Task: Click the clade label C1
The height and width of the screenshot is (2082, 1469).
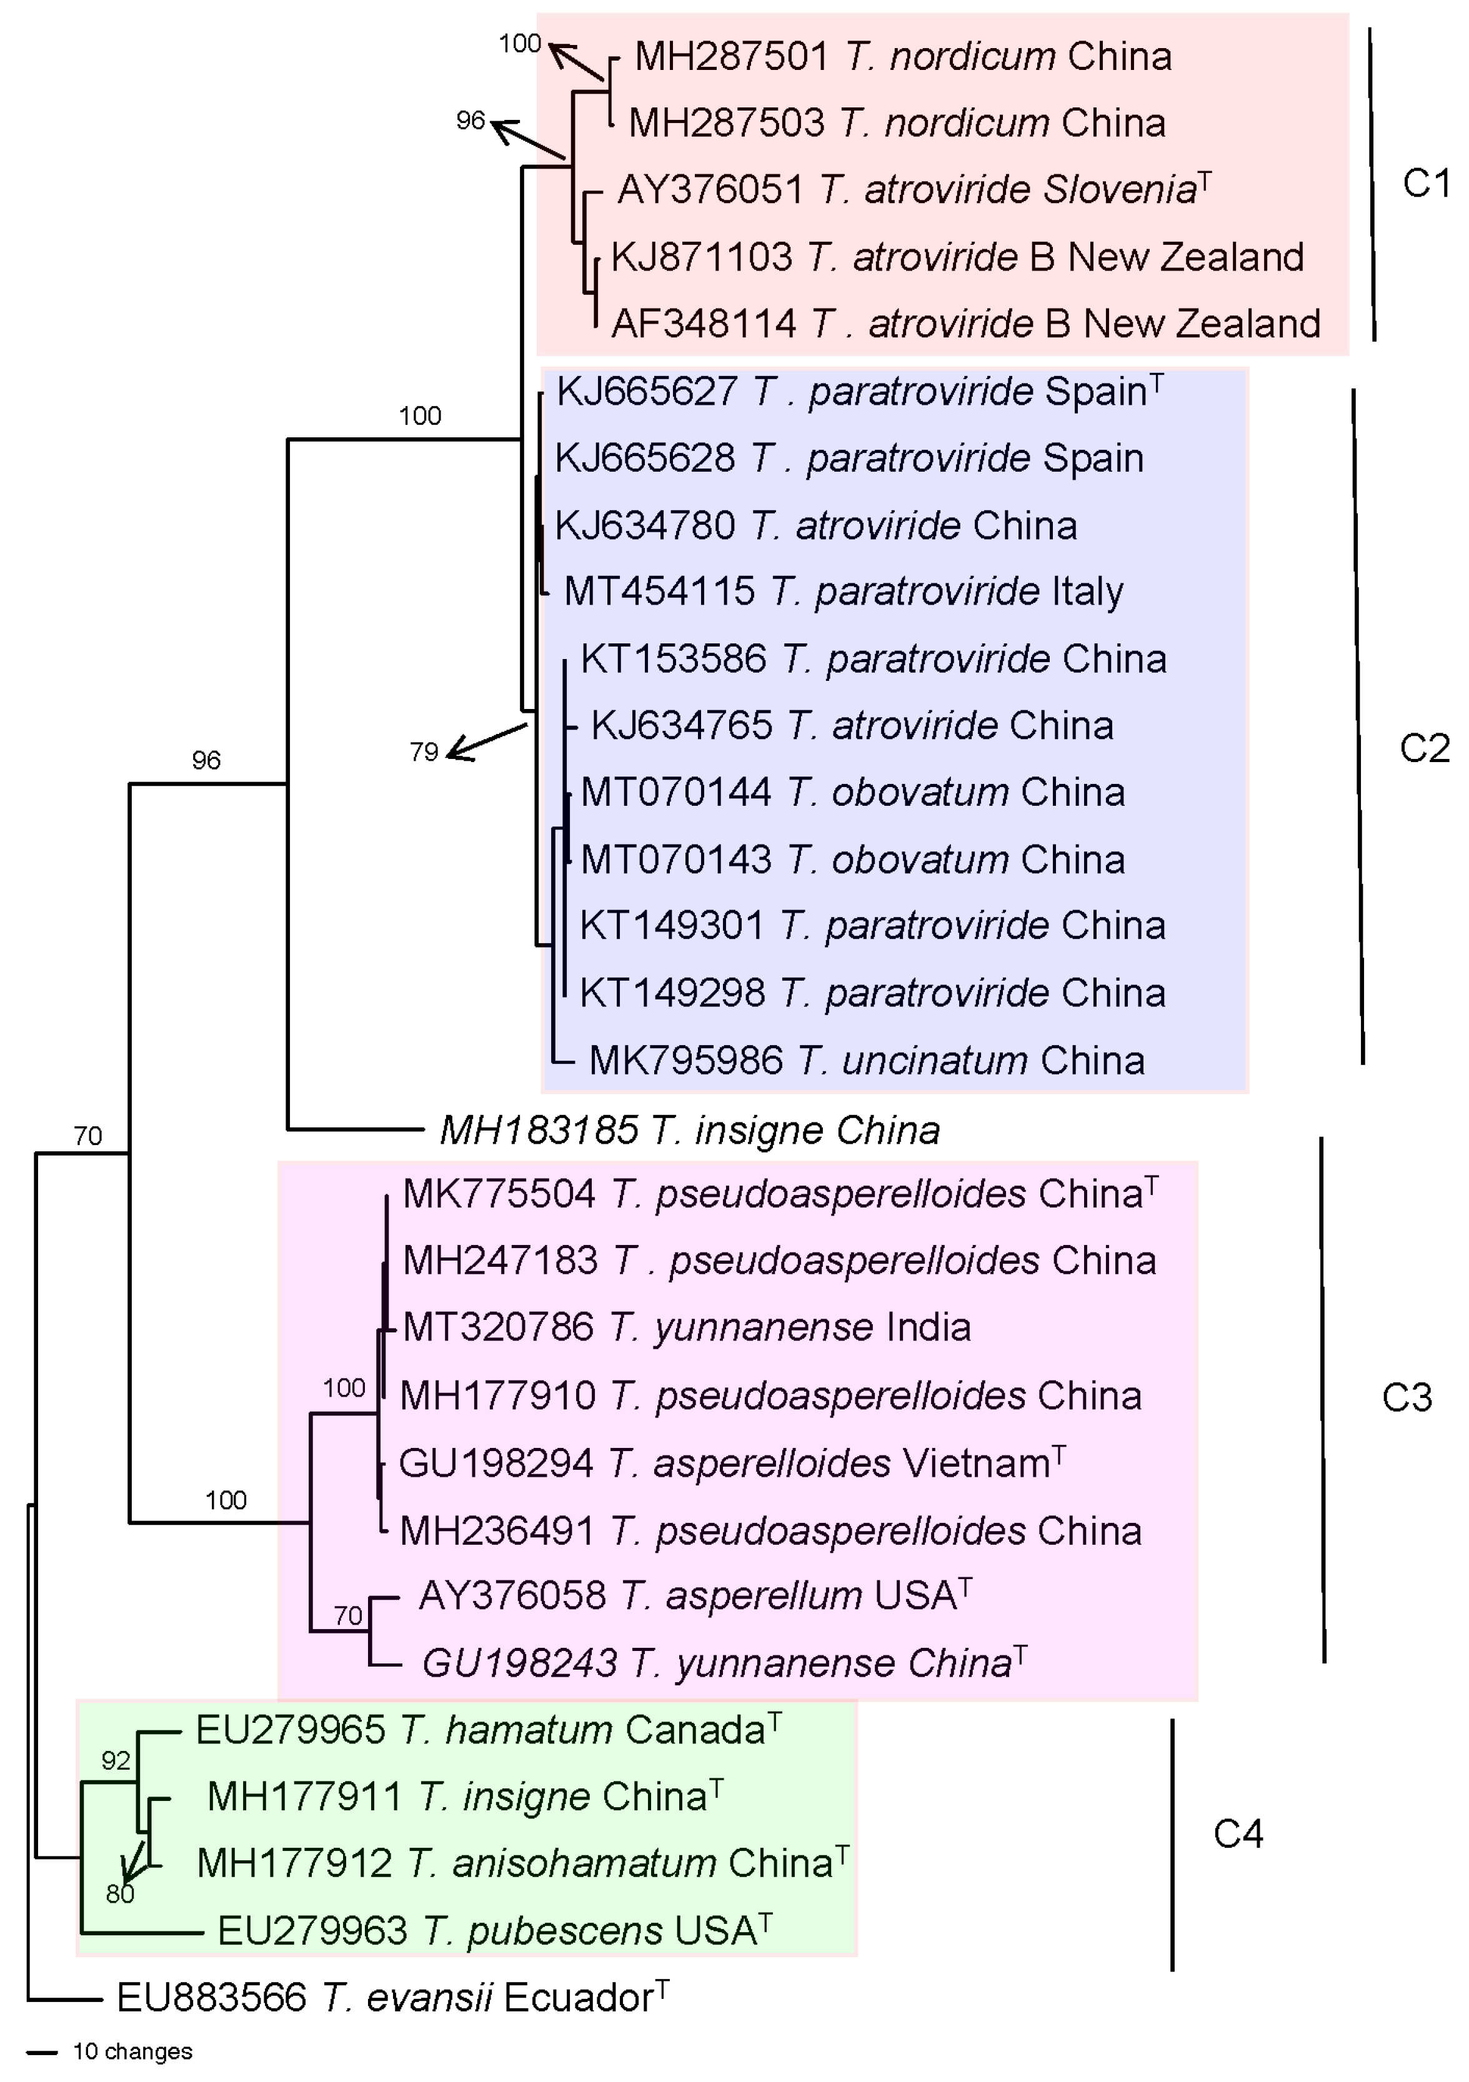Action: click(x=1425, y=184)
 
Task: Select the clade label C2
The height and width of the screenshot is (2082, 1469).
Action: click(x=1423, y=749)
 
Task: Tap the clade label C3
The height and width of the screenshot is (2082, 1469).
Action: click(x=1407, y=1397)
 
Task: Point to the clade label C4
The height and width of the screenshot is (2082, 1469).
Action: click(x=1238, y=1833)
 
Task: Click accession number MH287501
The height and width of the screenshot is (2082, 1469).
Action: click(x=731, y=57)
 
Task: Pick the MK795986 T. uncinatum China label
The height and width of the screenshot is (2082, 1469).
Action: click(x=866, y=1060)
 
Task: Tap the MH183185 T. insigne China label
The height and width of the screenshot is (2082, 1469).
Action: click(x=689, y=1131)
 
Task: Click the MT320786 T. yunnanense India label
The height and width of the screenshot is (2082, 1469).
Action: click(x=687, y=1327)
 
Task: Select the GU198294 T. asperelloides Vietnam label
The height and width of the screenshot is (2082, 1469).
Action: click(x=732, y=1464)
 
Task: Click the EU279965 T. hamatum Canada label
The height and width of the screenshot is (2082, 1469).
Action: click(x=488, y=1730)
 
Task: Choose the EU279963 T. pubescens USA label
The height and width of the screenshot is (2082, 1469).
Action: click(x=494, y=1931)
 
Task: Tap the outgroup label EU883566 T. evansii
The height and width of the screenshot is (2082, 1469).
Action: click(x=392, y=1998)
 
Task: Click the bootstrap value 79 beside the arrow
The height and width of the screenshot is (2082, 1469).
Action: click(x=424, y=751)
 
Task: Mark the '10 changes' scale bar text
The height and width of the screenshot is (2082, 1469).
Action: click(x=132, y=2051)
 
